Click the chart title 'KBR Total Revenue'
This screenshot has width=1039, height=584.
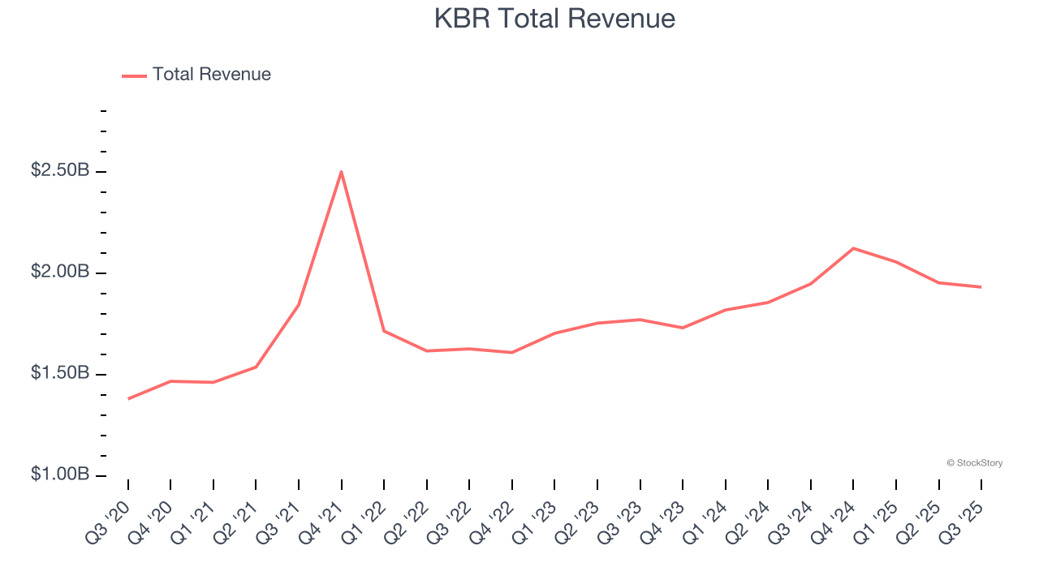(554, 18)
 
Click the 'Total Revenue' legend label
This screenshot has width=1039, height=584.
(211, 75)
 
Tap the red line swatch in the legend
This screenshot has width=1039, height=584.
(134, 75)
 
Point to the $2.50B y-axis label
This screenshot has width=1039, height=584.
(60, 171)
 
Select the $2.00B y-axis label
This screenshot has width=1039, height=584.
(60, 272)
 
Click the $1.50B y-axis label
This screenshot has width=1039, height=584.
(60, 373)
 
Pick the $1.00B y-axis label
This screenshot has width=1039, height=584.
(60, 474)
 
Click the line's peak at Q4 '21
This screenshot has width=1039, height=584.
(342, 171)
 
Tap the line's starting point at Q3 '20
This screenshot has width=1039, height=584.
(128, 398)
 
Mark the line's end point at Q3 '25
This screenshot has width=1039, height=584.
(981, 287)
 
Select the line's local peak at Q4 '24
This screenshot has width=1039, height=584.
(853, 248)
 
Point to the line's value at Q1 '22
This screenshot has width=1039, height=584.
(384, 331)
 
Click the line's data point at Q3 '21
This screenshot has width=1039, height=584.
(299, 305)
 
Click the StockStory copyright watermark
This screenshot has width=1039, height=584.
(974, 463)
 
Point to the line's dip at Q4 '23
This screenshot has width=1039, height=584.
(683, 328)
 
